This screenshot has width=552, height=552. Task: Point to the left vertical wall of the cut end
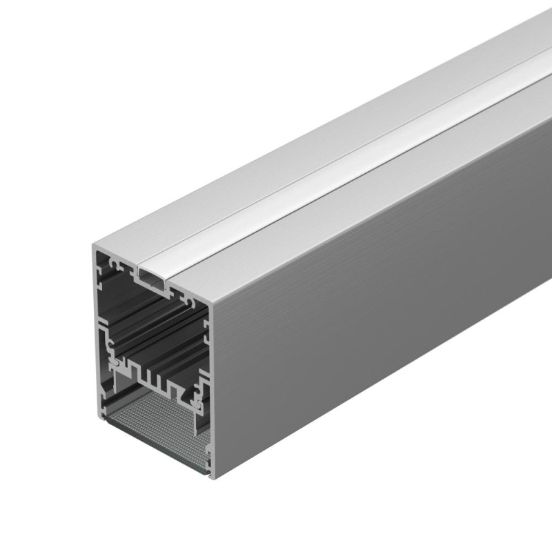(97, 331)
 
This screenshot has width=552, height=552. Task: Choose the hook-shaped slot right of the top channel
(190, 297)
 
